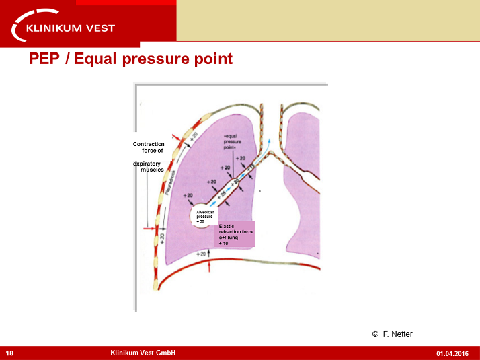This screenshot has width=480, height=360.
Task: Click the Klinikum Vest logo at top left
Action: point(65,26)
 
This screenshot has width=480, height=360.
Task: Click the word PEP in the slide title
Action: point(47,59)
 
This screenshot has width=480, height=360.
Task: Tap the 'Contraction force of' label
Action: point(149,147)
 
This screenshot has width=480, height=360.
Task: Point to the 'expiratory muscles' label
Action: point(149,167)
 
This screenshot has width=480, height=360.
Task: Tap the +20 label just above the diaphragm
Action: point(201,254)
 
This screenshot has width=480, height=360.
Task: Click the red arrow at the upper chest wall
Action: point(178,137)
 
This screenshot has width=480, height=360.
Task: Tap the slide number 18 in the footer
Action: point(10,353)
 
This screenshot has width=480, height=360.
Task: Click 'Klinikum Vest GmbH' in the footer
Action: point(143,353)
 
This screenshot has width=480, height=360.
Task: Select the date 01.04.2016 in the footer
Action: point(452,353)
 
